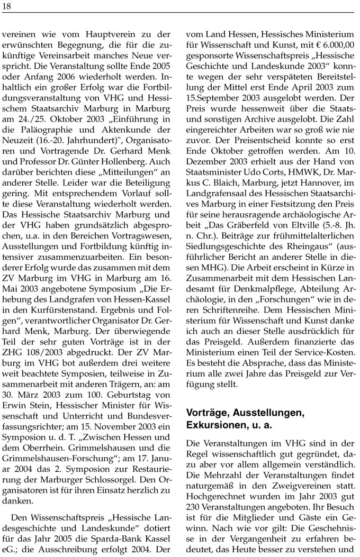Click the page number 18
point(6,5)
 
